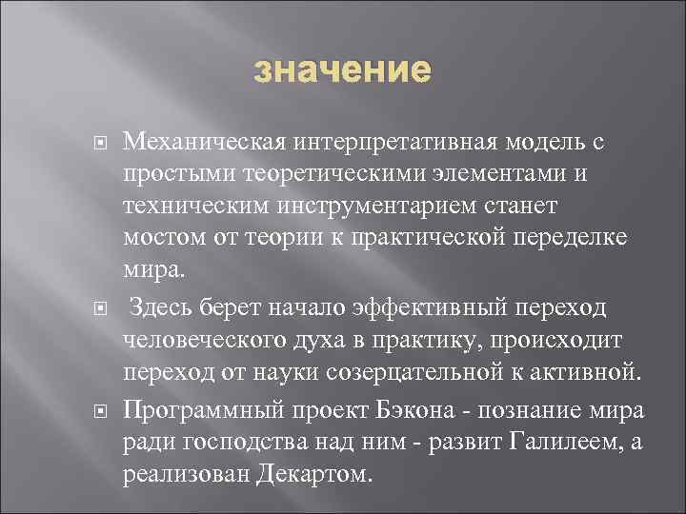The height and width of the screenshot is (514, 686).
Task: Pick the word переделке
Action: [569, 236]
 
